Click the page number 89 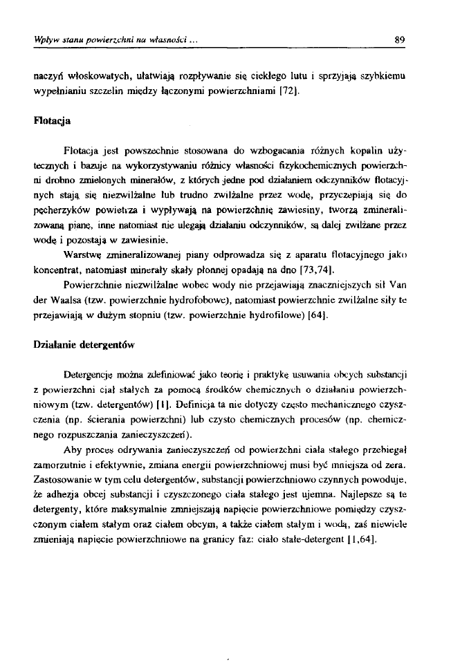coord(399,39)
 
